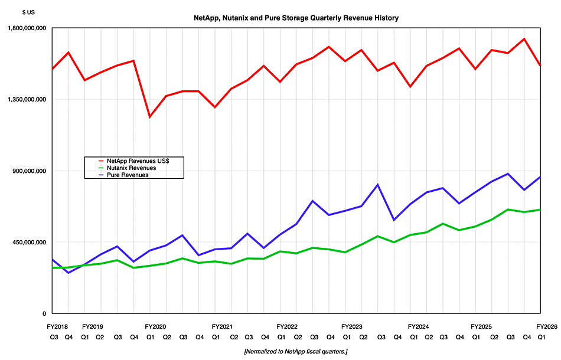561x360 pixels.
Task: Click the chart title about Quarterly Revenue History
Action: (296, 18)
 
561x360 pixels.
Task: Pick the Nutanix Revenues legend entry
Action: (131, 168)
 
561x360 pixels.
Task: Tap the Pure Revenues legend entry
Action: (127, 175)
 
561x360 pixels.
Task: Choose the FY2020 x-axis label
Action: (156, 326)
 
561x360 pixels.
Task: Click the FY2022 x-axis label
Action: (287, 326)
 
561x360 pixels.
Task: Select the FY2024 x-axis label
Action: (418, 326)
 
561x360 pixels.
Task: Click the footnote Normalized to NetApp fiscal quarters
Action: (296, 351)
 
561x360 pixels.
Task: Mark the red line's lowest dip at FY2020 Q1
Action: (149, 117)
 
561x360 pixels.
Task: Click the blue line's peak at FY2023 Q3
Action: (378, 185)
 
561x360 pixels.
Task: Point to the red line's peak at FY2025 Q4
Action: (524, 39)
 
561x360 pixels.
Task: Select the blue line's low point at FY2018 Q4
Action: (69, 273)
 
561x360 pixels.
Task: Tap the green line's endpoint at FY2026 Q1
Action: (540, 210)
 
